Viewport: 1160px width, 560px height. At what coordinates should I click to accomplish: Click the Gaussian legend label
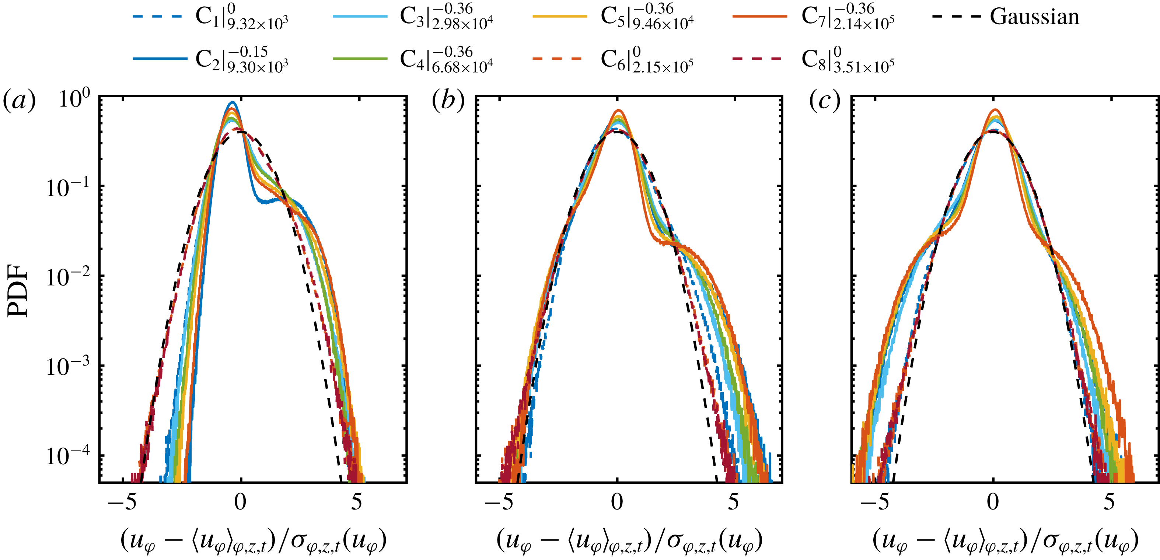[x=1034, y=17]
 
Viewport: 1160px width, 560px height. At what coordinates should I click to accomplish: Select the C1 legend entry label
[x=241, y=17]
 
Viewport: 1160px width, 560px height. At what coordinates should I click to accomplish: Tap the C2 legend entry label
[x=241, y=59]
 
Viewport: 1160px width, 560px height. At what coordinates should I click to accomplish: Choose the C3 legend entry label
[x=446, y=17]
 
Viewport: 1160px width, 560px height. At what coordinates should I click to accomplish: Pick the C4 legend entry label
[x=446, y=59]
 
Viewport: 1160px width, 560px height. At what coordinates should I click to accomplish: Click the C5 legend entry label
[x=647, y=17]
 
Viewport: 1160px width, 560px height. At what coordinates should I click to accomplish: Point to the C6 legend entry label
[x=647, y=59]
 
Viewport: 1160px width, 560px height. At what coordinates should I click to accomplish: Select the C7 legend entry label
[x=848, y=17]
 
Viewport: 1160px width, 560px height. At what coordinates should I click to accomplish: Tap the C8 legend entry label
[x=848, y=59]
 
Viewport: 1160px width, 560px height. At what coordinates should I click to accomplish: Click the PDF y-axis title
[x=18, y=291]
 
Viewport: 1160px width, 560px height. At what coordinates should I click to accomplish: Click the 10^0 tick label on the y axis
[x=74, y=98]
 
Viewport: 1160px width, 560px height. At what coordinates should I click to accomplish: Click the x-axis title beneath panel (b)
[x=629, y=540]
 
